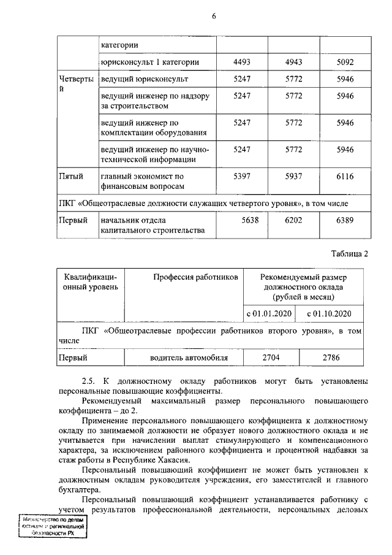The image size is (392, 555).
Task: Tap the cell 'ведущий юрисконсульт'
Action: (145, 80)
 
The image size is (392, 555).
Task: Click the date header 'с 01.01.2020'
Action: (269, 313)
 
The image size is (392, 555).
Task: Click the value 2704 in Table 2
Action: (269, 356)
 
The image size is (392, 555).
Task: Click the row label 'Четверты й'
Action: (76, 84)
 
